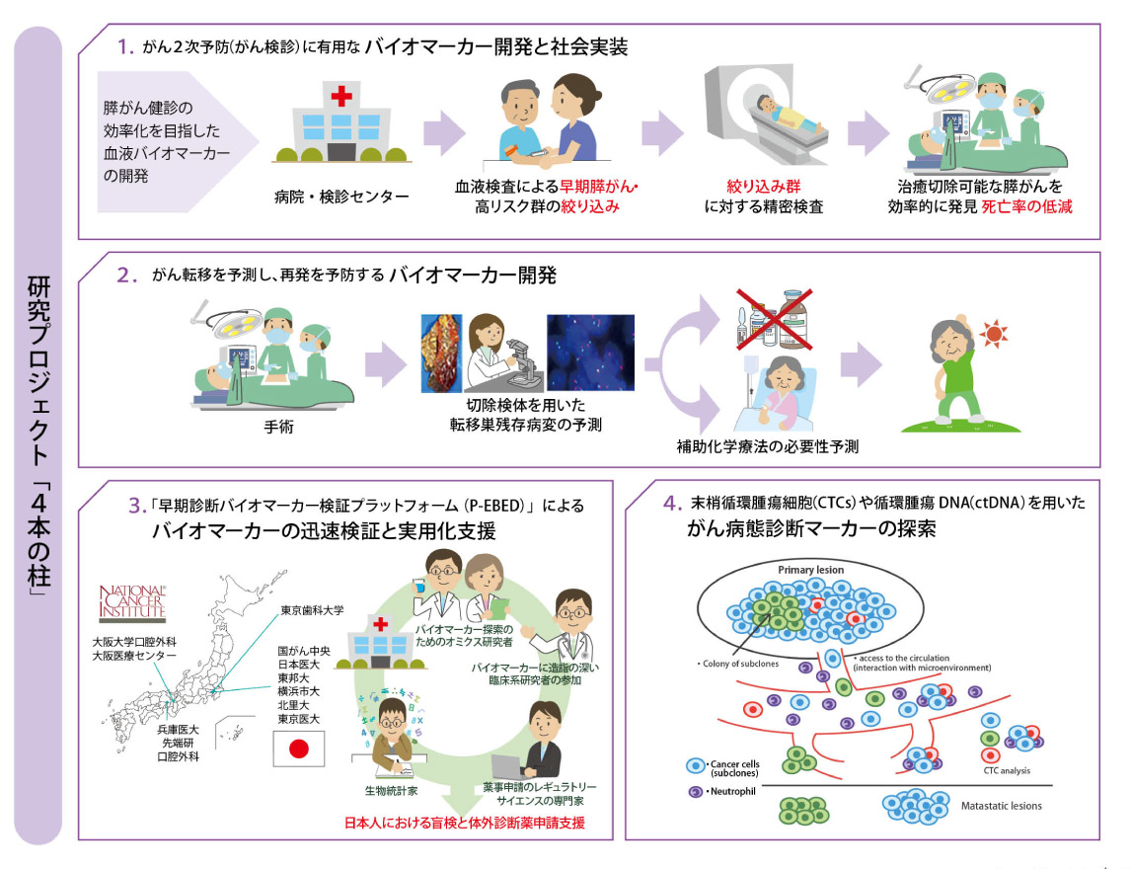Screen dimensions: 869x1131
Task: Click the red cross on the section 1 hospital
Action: [x=341, y=97]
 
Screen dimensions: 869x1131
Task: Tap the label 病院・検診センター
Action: [x=340, y=197]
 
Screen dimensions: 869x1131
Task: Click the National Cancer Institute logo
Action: [x=137, y=605]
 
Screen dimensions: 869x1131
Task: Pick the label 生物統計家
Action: [x=390, y=790]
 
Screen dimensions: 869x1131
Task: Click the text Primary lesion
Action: [x=810, y=571]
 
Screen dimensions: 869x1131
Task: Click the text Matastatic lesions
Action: [x=1001, y=806]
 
